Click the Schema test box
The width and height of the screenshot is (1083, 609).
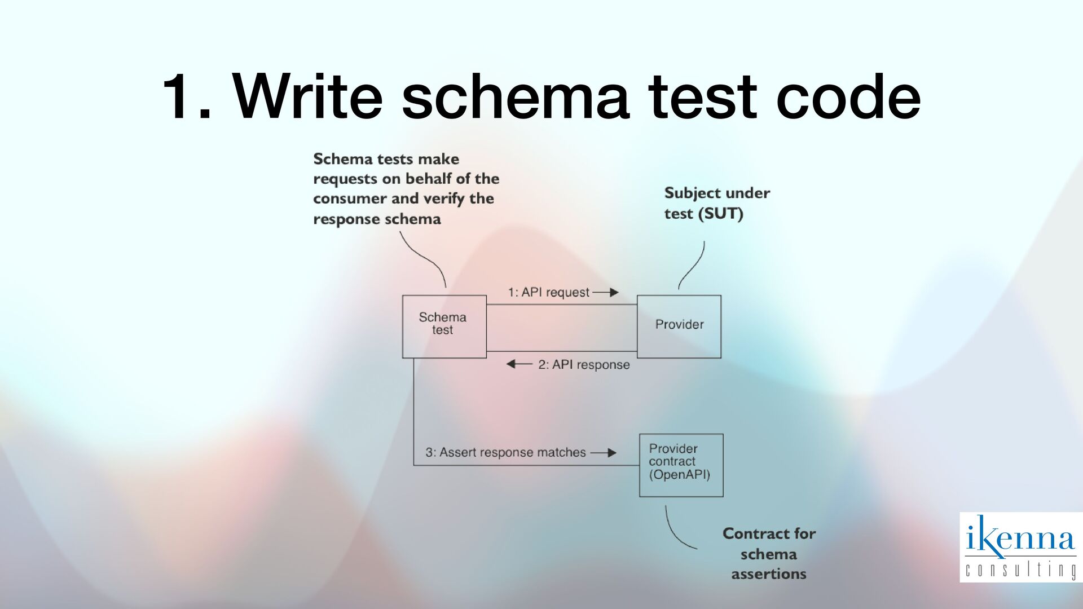pos(444,326)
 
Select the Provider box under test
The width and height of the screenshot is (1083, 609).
pos(679,326)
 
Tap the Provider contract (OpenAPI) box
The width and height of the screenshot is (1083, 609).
pos(681,465)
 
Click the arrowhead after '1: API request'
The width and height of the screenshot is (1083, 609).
pos(614,292)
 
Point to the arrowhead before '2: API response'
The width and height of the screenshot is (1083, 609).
pos(511,364)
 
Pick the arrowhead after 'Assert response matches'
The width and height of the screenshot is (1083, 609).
pos(611,452)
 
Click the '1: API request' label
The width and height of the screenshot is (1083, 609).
pos(548,292)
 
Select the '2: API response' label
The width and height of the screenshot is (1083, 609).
pos(584,365)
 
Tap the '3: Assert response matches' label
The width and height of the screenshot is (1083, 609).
pos(505,452)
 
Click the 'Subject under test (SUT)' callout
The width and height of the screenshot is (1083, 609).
pos(716,203)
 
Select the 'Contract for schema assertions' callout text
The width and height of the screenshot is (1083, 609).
pos(769,554)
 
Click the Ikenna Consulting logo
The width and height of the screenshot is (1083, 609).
pos(1020,546)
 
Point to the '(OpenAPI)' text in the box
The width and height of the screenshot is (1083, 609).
pos(679,475)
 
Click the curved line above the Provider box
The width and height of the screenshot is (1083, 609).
pos(693,266)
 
